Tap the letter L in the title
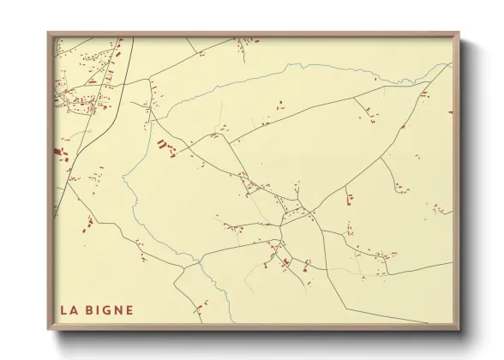click(x=63, y=309)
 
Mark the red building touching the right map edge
click(x=449, y=111)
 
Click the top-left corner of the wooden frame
click(x=49, y=34)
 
